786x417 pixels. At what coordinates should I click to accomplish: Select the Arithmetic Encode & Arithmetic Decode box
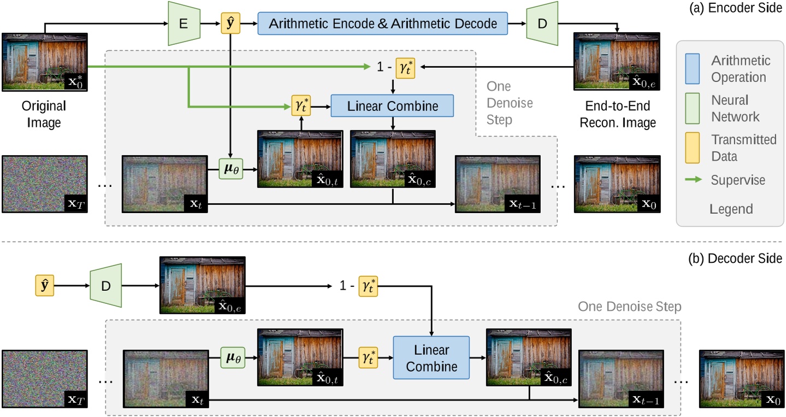[x=382, y=24]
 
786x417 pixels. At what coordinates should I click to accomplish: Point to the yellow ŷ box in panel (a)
[x=231, y=24]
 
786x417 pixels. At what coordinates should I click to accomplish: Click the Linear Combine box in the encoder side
[x=393, y=106]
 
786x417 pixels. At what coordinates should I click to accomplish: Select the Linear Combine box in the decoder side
[x=432, y=357]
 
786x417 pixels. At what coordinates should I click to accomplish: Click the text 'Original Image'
[x=45, y=114]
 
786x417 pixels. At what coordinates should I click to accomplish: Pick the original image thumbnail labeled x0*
[x=45, y=62]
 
